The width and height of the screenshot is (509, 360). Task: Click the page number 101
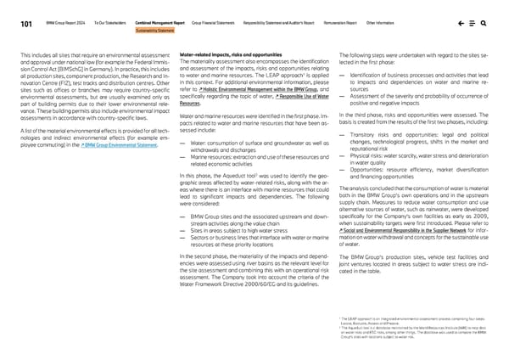[27, 23]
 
